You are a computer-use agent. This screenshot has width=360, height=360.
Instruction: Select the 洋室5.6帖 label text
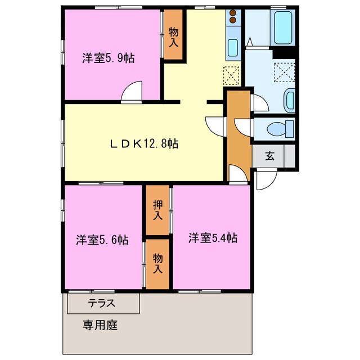102,240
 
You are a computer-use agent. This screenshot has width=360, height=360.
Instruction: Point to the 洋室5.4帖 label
212,238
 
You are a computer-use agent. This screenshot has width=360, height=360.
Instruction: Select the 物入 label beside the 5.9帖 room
174,37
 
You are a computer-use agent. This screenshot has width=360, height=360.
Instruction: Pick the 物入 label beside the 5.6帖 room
158,264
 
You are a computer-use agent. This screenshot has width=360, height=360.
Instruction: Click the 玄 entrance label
269,156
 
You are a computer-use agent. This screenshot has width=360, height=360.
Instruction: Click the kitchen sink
232,49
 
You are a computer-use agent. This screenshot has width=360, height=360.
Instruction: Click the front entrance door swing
263,179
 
